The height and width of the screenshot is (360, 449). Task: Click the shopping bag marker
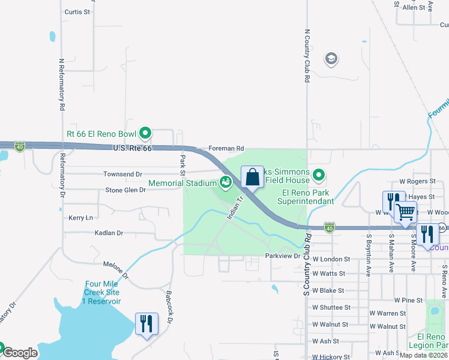tap(253, 177)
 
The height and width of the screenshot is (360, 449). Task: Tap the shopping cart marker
tap(406, 211)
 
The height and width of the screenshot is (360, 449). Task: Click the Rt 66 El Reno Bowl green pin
tap(145, 133)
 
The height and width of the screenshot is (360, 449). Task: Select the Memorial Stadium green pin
tap(226, 182)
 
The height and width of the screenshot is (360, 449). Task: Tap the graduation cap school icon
tap(330, 59)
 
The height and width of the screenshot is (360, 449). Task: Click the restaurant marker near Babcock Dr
tap(146, 324)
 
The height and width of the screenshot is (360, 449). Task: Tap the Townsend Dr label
tap(122, 174)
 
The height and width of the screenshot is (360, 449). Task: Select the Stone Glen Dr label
tap(125, 190)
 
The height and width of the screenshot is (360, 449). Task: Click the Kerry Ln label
tap(80, 218)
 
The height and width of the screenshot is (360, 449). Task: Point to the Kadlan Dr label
tap(108, 232)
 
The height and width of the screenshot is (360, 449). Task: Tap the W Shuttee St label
tap(331, 307)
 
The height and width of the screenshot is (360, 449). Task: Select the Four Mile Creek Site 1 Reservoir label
tap(103, 292)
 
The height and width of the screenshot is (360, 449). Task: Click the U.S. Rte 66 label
tap(131, 147)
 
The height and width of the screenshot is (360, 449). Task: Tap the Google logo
tap(19, 353)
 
